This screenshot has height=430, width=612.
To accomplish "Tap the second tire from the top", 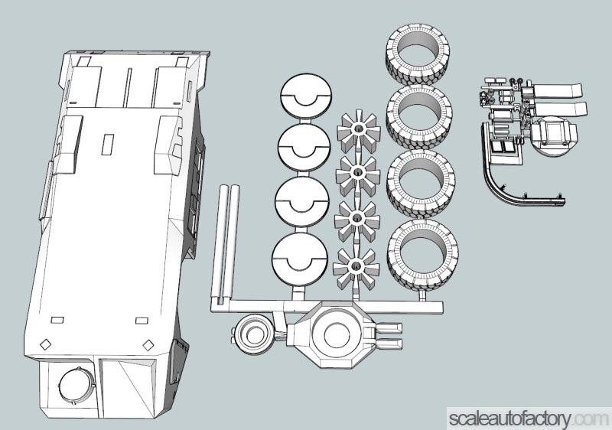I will (x=421, y=117).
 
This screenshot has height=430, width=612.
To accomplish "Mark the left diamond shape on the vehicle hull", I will (x=45, y=344).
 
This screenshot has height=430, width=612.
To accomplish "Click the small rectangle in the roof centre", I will (x=108, y=144).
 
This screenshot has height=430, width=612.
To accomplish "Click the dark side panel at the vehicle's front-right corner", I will (x=181, y=359).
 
